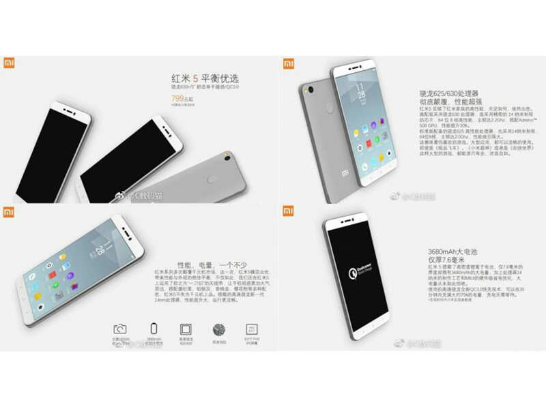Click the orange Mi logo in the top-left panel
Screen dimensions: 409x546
pos(10,62)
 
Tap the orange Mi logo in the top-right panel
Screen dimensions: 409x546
pos(289,63)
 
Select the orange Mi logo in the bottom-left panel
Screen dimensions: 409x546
pos(10,212)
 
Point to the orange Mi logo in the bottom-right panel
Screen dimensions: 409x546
pos(289,212)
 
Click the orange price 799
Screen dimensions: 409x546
pos(179,98)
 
